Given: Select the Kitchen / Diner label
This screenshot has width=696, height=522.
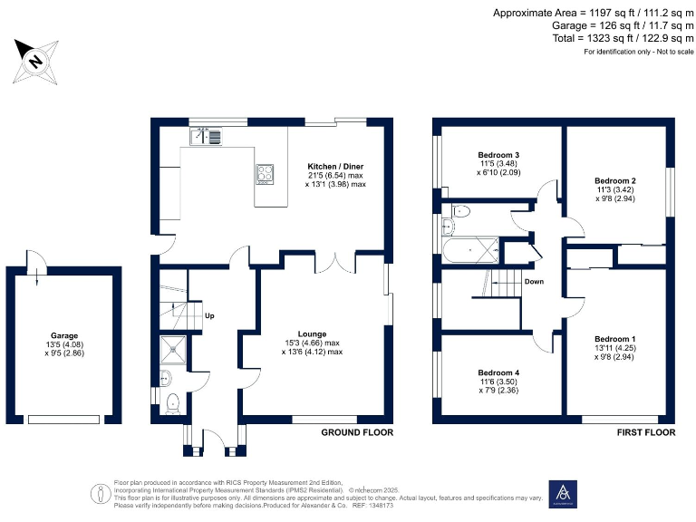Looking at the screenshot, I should click(x=336, y=167).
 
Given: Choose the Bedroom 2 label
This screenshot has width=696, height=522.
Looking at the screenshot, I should click(x=615, y=180).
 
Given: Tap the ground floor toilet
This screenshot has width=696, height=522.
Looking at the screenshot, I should click(x=172, y=405).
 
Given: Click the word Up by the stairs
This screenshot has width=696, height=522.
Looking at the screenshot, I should click(x=209, y=316).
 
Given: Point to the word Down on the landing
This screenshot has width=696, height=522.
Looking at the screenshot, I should click(x=534, y=281).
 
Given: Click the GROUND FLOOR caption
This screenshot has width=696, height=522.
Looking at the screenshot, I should click(x=357, y=433).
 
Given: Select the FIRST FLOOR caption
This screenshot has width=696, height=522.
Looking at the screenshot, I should click(x=646, y=433).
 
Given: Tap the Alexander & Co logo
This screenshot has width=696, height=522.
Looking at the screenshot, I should click(x=562, y=494).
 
